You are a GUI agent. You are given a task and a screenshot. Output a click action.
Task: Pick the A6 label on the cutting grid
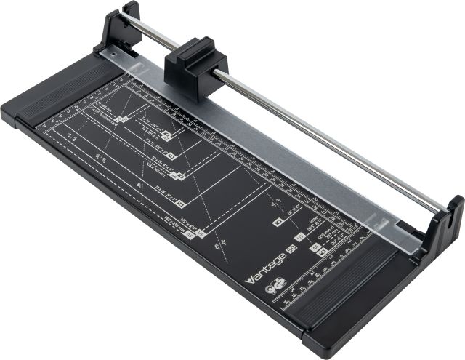tap(179, 175)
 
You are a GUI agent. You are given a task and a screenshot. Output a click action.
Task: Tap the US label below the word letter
tap(299, 238)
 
